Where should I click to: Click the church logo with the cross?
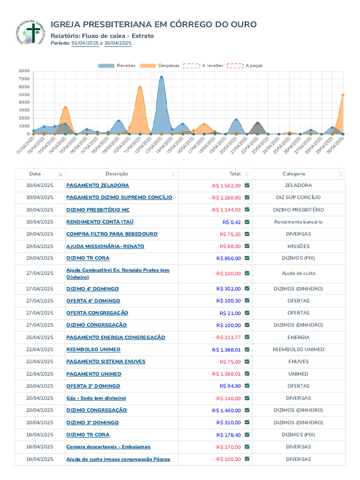[30, 32]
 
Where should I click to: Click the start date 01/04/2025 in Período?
[85, 43]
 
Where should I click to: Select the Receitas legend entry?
[117, 66]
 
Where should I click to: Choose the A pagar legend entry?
[245, 66]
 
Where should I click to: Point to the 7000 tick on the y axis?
[24, 79]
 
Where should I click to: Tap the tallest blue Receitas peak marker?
[161, 77]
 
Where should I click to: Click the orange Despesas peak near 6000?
[140, 88]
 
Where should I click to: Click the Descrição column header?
[117, 173]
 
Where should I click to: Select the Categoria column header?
[293, 173]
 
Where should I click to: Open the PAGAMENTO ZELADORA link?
[97, 185]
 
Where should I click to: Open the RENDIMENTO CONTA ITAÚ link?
[100, 222]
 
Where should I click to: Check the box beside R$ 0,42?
[247, 222]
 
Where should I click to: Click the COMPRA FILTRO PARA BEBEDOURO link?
[112, 234]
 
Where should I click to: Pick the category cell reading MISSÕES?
[299, 246]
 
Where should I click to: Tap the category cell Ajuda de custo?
[299, 273]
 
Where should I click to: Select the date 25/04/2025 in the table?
[39, 337]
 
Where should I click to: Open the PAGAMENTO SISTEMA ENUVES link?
[106, 361]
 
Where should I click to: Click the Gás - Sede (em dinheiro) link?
[97, 398]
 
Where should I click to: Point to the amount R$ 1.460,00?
[226, 410]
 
